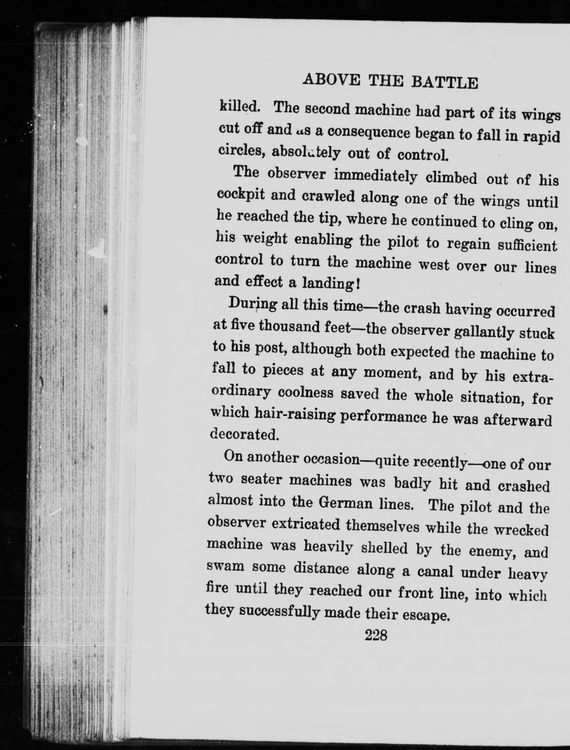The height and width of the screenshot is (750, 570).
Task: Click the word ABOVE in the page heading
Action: [x=331, y=80]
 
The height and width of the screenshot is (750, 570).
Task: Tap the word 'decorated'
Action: [x=244, y=434]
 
